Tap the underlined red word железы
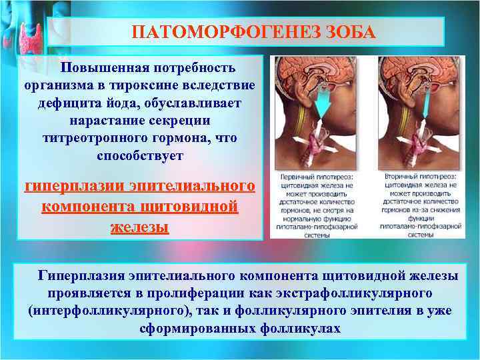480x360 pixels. (139, 227)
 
